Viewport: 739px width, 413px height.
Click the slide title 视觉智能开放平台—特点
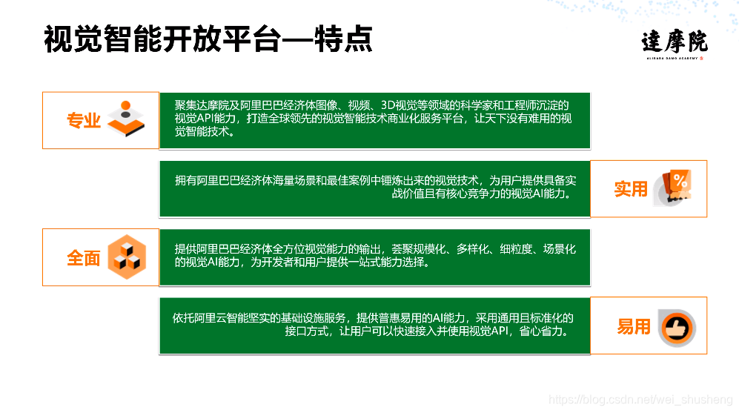click(208, 39)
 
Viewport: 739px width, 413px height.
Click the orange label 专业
click(84, 121)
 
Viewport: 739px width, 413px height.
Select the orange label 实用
click(631, 189)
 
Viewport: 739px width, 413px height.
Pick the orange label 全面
click(84, 258)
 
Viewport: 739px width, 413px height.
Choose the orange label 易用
click(633, 326)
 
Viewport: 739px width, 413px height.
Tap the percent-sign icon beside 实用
click(673, 188)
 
